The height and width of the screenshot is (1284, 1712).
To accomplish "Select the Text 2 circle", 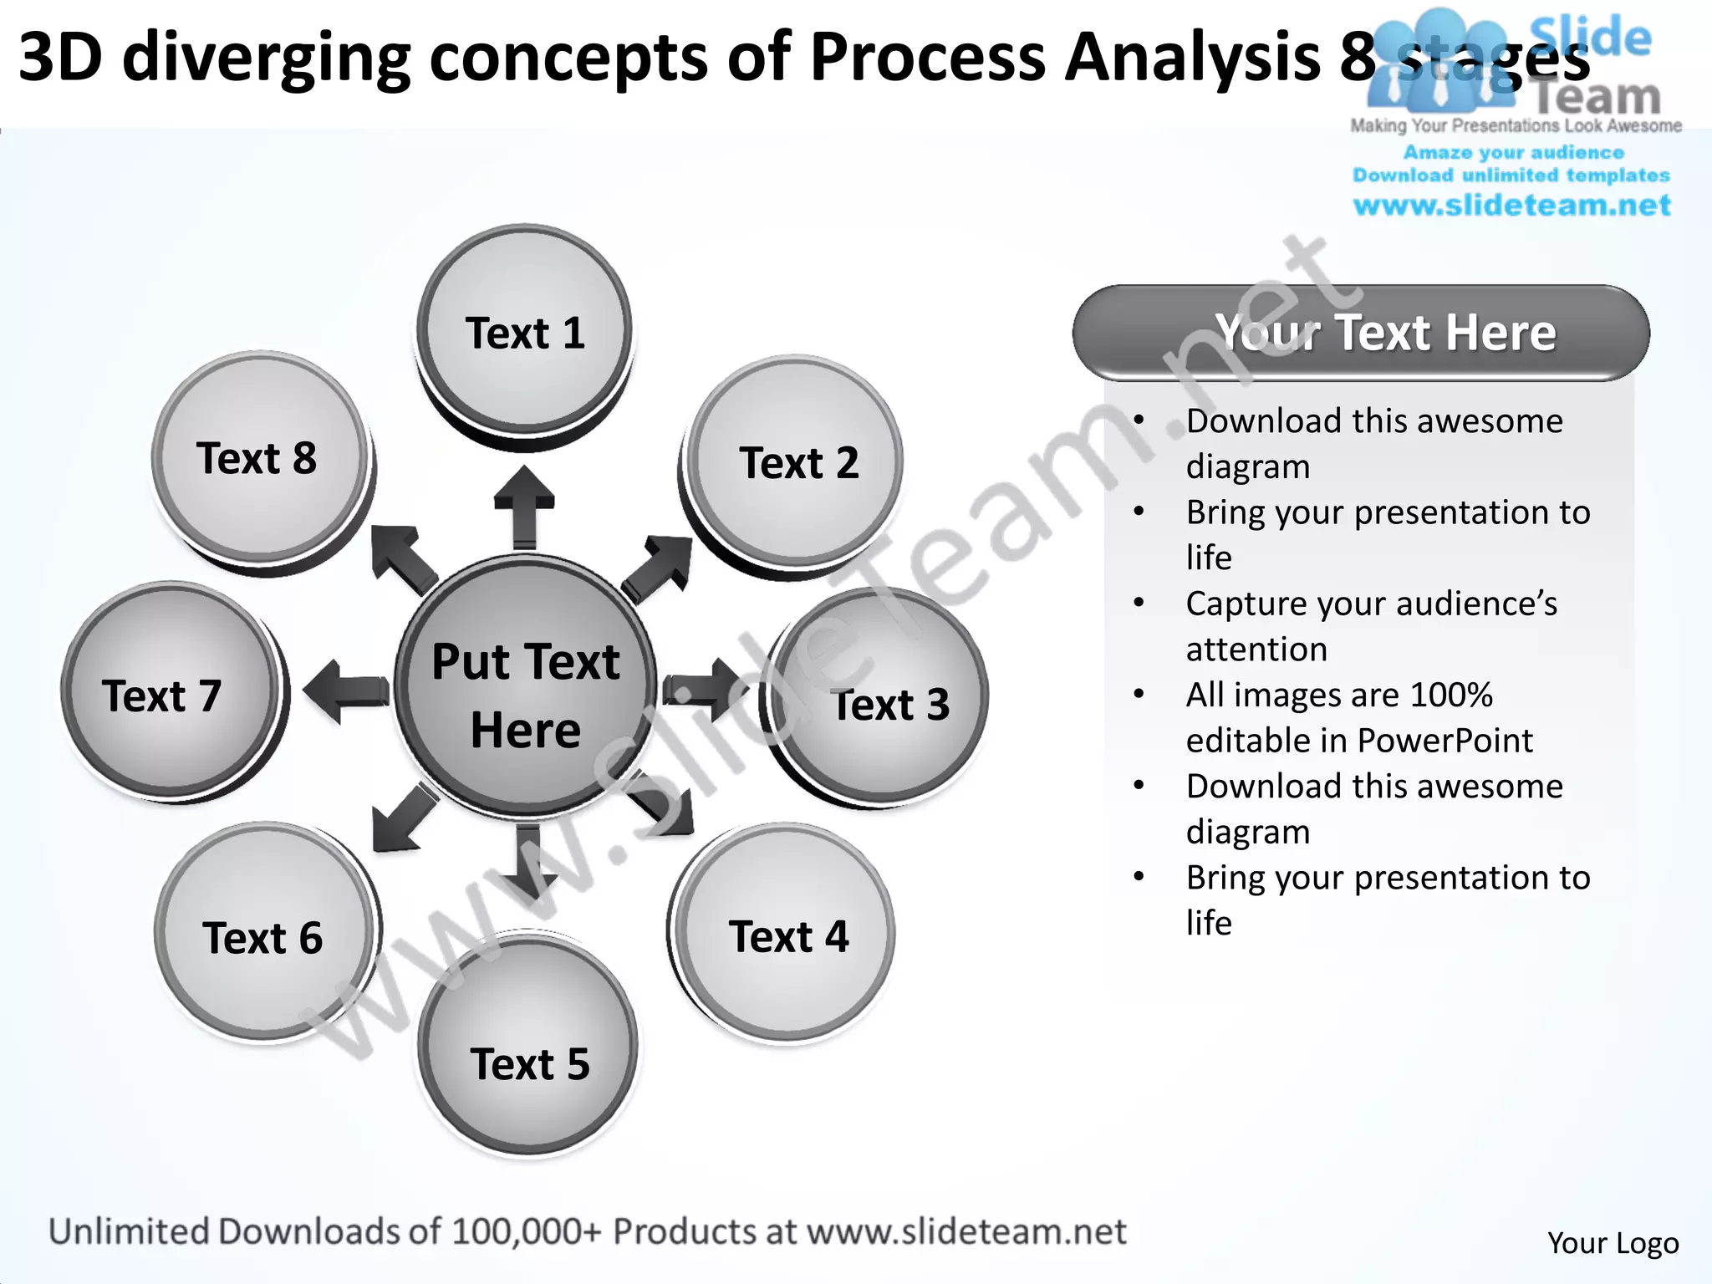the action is (797, 462).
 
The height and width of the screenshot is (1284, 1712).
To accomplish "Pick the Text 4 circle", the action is (786, 935).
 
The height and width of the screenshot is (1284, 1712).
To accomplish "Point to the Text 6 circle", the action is (264, 935).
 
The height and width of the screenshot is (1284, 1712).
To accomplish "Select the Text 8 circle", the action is (260, 458).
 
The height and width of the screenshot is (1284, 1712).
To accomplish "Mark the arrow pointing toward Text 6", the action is (403, 819).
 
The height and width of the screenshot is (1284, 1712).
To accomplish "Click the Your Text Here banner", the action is (1361, 333).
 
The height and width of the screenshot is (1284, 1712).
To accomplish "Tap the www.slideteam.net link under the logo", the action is (1511, 206).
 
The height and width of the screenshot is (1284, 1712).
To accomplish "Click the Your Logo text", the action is (1613, 1243).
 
